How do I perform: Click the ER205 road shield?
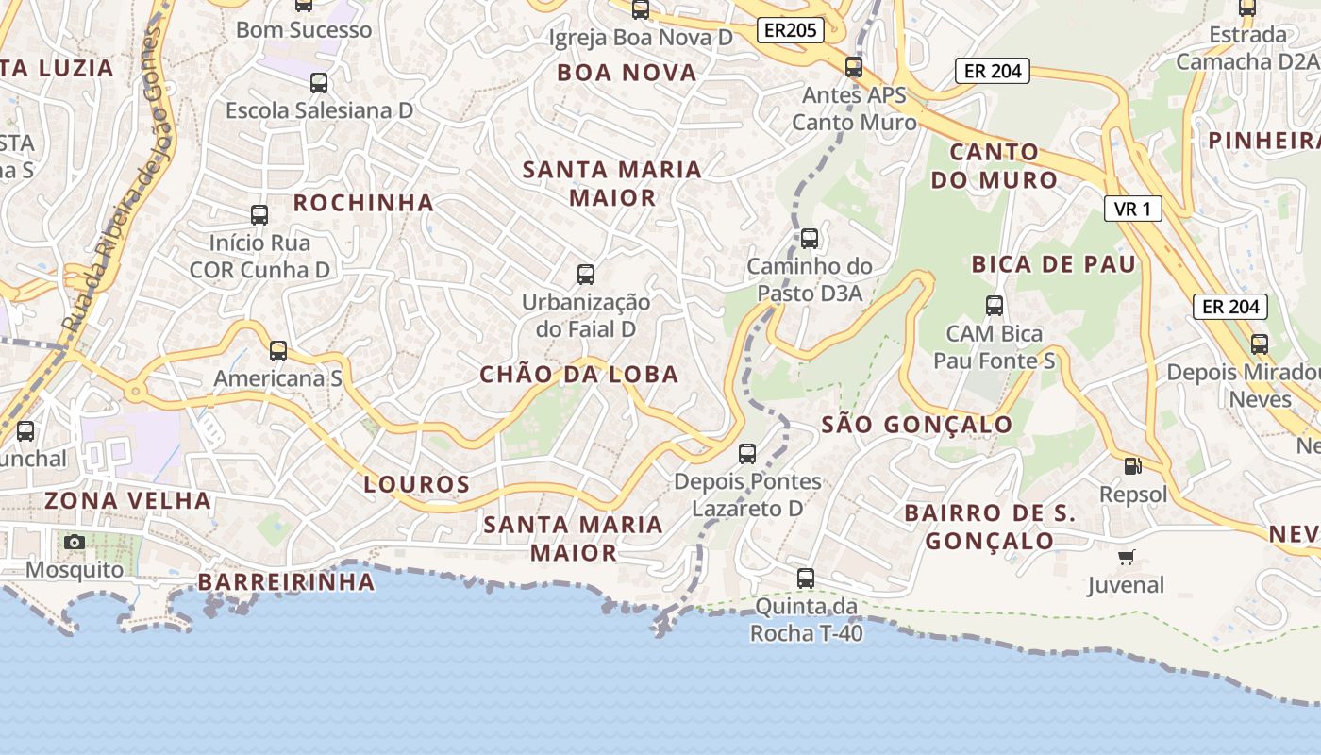click(790, 30)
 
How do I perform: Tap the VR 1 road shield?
click(1132, 209)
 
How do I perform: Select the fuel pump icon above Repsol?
click(1131, 466)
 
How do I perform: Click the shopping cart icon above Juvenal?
click(1126, 557)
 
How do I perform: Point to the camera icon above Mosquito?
click(75, 542)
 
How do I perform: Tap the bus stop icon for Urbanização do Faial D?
click(586, 275)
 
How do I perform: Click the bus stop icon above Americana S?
click(277, 351)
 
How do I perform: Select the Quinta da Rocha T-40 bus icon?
click(805, 578)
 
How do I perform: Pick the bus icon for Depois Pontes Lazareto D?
click(746, 454)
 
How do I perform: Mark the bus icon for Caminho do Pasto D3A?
click(809, 239)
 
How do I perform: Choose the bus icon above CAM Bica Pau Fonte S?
click(994, 306)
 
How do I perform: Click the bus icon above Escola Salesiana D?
click(319, 83)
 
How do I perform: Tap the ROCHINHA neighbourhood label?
click(363, 203)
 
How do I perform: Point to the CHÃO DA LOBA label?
click(579, 375)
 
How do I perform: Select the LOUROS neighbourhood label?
click(417, 485)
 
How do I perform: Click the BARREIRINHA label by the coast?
click(287, 581)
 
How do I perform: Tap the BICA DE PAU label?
click(1054, 264)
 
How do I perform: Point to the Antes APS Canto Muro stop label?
click(854, 109)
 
